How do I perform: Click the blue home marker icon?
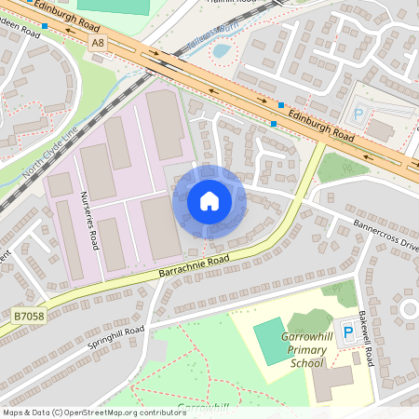pos(209,201)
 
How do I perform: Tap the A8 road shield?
pos(99,43)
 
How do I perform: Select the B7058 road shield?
pos(27,318)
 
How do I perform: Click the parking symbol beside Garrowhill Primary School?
pos(348,331)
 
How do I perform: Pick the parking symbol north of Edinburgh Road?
pos(358,115)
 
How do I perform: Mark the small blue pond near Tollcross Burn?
pos(222,50)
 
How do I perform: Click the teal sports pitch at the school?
pos(272,342)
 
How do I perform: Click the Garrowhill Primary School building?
pos(331,382)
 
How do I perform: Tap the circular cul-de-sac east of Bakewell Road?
pos(407,308)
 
